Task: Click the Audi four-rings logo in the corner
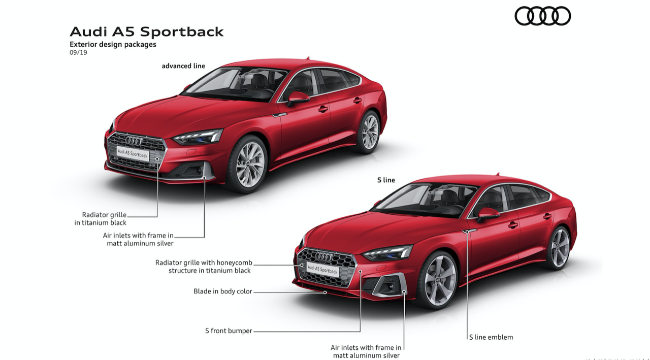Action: [542, 16]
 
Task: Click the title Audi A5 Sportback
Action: [146, 31]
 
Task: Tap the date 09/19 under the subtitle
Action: [78, 52]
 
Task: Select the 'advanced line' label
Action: [183, 66]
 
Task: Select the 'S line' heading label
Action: [386, 180]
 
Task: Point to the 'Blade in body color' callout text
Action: [222, 291]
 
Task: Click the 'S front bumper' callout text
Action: [229, 331]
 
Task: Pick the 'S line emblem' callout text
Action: [491, 337]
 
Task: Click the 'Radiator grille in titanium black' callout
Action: [101, 219]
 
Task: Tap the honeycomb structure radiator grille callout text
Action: [204, 267]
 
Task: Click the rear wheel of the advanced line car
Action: [370, 132]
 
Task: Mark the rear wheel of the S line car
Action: [560, 247]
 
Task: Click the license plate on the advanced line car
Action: [133, 153]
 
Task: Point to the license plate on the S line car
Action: [322, 270]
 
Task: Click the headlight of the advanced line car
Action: [198, 137]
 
